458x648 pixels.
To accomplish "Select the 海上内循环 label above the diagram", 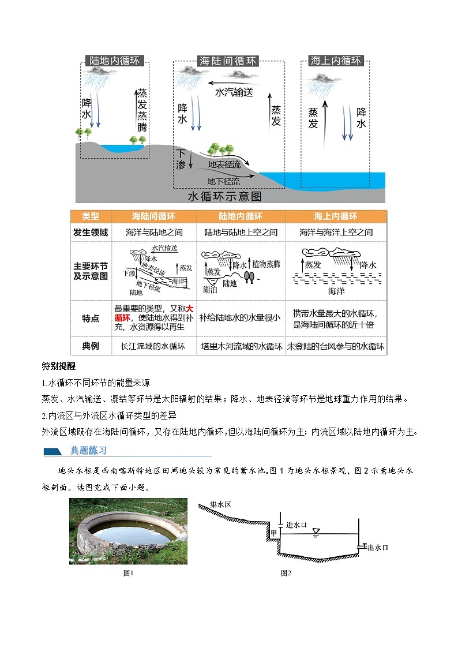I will (336, 61).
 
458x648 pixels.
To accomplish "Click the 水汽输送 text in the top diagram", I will (234, 92).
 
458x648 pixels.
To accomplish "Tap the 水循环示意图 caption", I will (225, 196).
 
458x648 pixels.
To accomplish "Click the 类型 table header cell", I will (91, 216).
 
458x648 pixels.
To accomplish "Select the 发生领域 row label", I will (91, 232).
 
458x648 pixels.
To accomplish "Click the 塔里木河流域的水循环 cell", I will (241, 346).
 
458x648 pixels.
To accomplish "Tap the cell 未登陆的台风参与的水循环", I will (336, 346).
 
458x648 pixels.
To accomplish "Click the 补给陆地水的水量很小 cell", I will (241, 317).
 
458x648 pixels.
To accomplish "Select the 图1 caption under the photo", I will (129, 573).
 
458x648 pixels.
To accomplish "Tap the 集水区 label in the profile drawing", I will (220, 504).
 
